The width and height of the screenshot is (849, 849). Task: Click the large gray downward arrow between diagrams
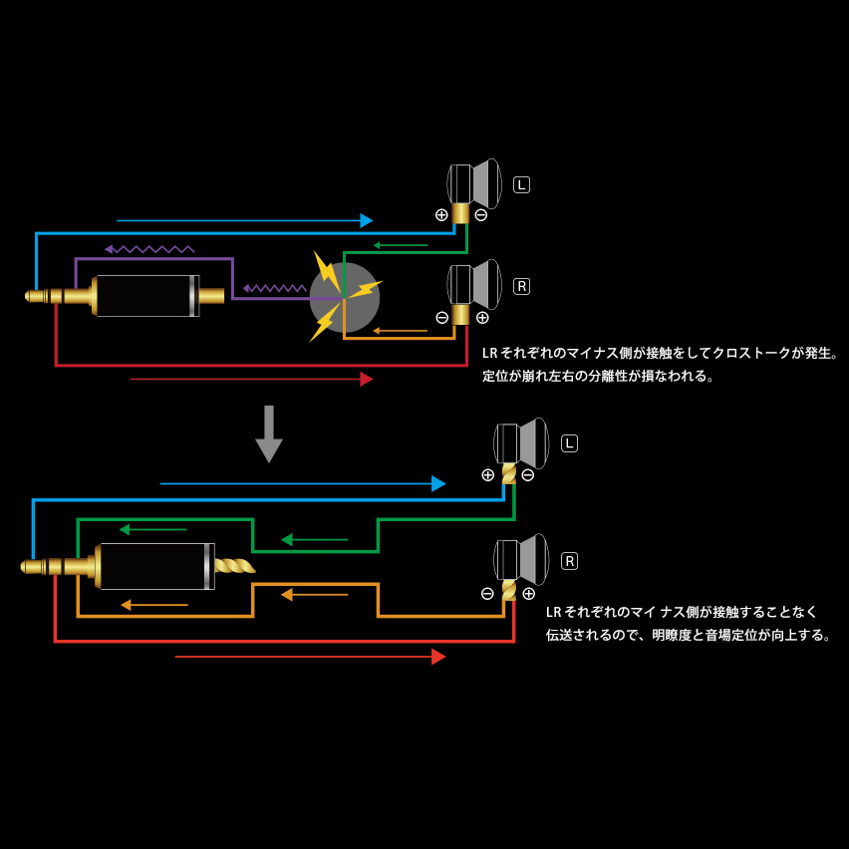(269, 433)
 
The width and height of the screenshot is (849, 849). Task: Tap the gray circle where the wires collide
(345, 297)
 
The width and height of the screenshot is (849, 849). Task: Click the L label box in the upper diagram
(521, 184)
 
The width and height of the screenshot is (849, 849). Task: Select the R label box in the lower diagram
(569, 561)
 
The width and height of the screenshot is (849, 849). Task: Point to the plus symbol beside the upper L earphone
(441, 215)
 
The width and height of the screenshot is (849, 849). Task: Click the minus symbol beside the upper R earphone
(441, 318)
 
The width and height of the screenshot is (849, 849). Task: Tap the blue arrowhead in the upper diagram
(367, 220)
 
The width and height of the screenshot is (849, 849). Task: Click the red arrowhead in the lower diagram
(438, 657)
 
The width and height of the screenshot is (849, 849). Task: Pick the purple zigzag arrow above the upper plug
(149, 249)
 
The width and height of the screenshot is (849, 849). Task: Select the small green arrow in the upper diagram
(401, 245)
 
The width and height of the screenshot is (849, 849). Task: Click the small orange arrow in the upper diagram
(401, 330)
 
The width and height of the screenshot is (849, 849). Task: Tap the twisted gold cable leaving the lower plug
(235, 566)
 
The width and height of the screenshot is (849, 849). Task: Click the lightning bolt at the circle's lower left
(325, 322)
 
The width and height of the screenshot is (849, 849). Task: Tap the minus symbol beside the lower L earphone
(528, 475)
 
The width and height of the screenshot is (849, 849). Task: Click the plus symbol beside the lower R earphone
(529, 594)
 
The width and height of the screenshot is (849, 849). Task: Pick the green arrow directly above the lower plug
(152, 529)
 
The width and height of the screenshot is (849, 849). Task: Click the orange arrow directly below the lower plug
(154, 605)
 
